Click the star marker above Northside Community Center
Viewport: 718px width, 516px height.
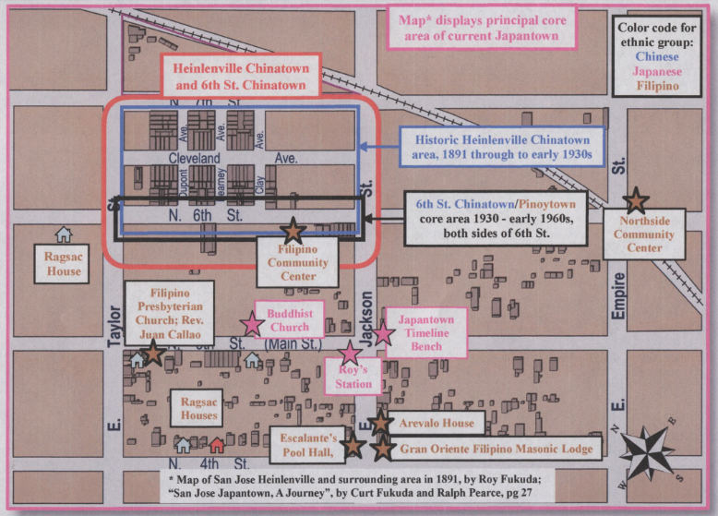[x=636, y=199]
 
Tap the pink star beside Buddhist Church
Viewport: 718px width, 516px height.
[x=251, y=324]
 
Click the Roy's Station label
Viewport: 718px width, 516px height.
[x=350, y=378]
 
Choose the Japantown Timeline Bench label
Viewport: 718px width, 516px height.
[x=425, y=333]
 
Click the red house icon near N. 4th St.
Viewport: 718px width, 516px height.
[x=217, y=445]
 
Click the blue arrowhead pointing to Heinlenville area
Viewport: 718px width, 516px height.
[x=365, y=146]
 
